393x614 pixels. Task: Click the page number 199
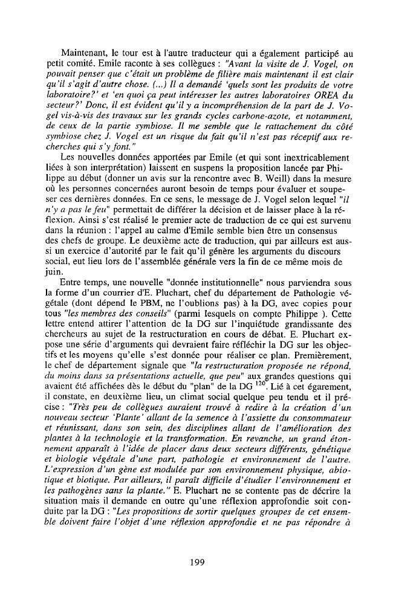coord(197,562)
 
